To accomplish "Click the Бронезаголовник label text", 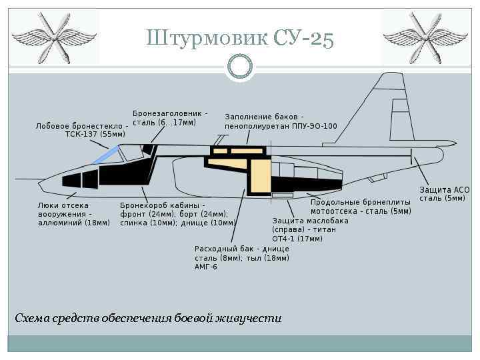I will pos(169,114).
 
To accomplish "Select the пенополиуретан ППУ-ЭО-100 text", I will pos(281,126).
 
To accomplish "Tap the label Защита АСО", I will pos(445,190).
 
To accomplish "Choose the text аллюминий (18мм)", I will pos(73,223).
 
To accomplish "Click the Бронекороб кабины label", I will pos(162,205).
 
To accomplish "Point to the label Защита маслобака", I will pos(310,221).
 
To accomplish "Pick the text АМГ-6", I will pos(206,267).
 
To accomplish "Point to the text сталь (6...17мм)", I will pos(164,123).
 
